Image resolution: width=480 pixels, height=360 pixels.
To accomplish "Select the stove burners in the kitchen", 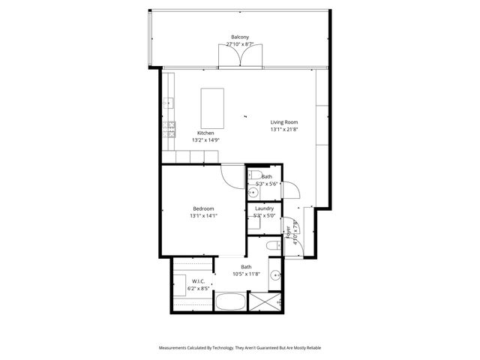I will (x=172, y=126).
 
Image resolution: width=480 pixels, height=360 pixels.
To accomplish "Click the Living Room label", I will (x=284, y=122).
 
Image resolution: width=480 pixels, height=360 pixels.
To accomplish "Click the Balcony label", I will (x=240, y=37).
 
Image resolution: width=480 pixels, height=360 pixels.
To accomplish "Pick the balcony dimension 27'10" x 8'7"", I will (x=240, y=44).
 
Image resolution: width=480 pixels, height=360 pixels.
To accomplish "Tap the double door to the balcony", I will (x=240, y=57).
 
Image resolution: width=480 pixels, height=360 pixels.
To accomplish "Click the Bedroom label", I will (x=203, y=208).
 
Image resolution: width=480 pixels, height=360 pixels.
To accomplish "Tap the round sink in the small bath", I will (x=252, y=191).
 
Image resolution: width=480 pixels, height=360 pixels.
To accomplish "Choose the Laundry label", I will (x=264, y=208).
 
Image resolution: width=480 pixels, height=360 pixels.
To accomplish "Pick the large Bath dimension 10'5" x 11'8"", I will (x=246, y=274).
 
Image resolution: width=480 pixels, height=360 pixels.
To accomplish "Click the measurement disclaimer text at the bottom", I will (x=240, y=347).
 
